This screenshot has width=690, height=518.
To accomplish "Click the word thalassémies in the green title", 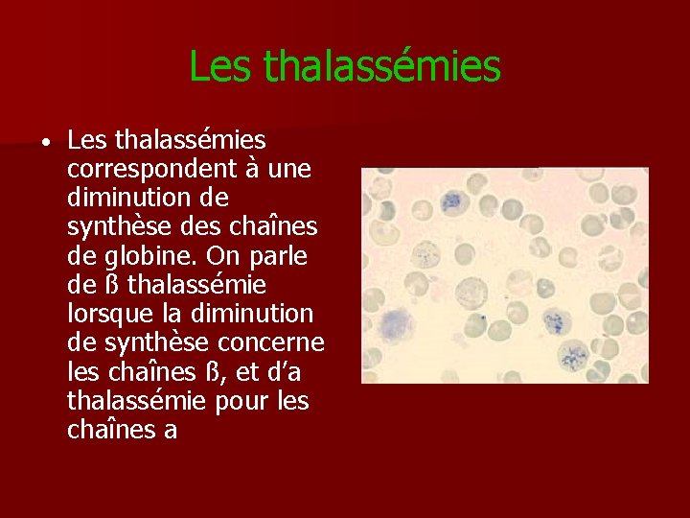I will point(381,66).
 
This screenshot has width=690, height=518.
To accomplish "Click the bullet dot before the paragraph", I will point(45,143).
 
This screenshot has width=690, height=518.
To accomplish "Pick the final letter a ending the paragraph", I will point(171,430).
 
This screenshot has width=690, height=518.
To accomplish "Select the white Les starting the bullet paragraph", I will point(88,141).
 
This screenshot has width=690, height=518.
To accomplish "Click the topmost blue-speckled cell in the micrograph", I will point(451,200).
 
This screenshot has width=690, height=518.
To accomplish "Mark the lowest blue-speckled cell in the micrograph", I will point(572,356).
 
